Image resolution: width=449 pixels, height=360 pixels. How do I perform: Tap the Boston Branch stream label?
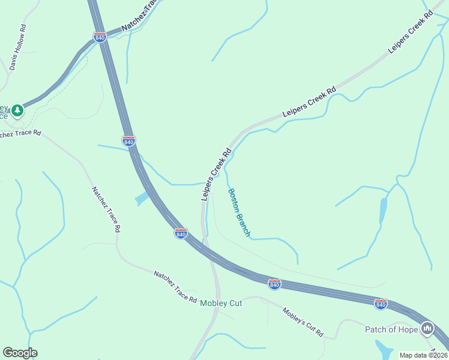coord(239,212)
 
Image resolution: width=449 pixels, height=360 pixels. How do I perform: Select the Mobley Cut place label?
coord(221,303)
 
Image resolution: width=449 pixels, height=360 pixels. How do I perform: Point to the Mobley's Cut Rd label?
coord(303,322)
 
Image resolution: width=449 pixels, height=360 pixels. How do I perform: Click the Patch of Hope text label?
coord(391,329)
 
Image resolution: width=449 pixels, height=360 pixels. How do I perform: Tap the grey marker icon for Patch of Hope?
coord(427,328)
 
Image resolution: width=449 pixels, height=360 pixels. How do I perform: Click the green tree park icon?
coord(18,110)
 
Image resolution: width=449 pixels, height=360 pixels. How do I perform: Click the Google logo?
coord(20,353)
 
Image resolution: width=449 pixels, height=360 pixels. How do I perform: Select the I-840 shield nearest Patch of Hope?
coord(381,304)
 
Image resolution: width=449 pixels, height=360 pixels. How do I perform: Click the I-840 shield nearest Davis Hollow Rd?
coord(100,38)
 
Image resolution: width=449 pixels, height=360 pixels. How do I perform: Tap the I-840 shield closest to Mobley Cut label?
coord(274,284)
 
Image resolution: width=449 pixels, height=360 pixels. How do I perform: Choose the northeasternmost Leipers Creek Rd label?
coord(411,32)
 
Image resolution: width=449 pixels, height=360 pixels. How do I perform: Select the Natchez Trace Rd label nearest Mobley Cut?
coord(175,286)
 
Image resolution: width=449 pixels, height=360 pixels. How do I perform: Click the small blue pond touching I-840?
coord(142,197)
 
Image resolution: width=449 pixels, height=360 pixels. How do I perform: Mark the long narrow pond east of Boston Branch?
coord(383,210)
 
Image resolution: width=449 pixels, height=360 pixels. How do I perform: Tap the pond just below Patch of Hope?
coord(384,349)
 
